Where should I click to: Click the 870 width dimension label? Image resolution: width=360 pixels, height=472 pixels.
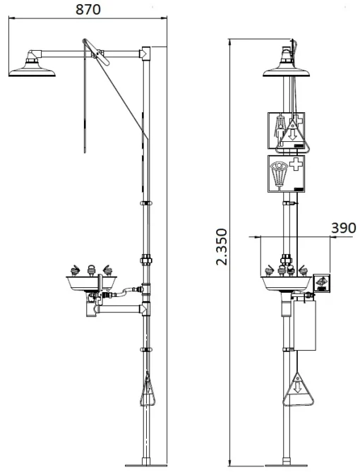pos(88,9)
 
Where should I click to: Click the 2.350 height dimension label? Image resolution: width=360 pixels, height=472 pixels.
pos(222,246)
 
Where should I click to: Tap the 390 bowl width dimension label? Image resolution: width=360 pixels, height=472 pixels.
pos(344,228)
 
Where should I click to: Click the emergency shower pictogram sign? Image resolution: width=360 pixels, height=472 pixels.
pos(286,131)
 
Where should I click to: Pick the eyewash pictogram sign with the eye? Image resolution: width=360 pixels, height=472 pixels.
pos(286,174)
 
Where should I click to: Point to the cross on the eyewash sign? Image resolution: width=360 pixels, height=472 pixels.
pos(296,165)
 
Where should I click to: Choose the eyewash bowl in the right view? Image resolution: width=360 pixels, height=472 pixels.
pos(286,283)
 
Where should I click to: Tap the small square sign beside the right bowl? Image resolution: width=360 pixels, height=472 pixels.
pos(321,283)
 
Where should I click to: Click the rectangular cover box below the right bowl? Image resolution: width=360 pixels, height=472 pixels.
pos(304,325)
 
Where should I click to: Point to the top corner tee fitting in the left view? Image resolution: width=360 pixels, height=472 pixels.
pos(146,54)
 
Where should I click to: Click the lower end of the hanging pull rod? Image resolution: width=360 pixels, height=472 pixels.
pos(85,152)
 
